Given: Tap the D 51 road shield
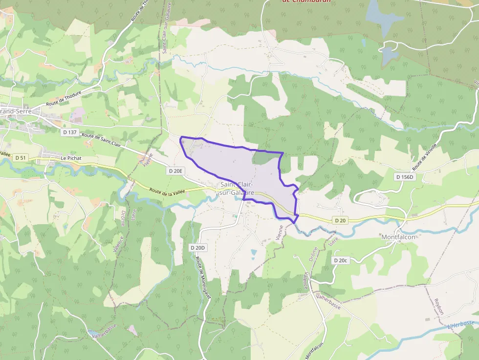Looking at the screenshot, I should tap(20, 158).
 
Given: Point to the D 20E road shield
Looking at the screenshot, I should tap(176, 171).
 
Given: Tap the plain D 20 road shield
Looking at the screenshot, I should tap(341, 221).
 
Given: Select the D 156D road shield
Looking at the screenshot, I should tap(405, 177).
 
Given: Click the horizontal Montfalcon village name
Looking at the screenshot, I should tap(398, 237).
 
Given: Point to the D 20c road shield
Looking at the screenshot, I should tap(340, 260).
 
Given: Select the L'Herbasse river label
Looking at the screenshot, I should tap(461, 325).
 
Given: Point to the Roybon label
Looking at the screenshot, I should tap(438, 307).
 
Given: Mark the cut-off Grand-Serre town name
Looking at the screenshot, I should tap(16, 111).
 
